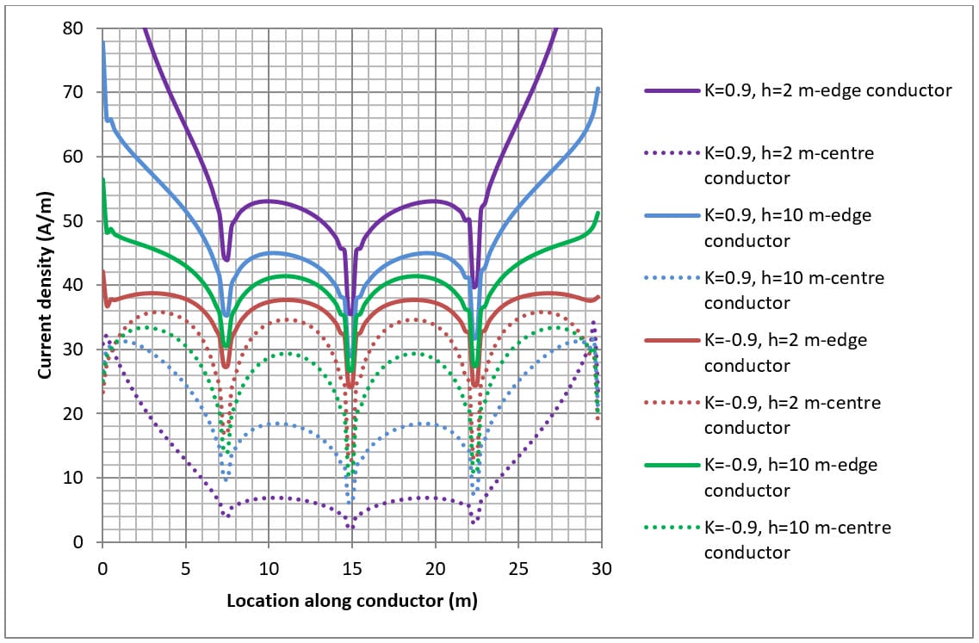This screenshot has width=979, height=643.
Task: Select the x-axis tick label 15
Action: click(351, 570)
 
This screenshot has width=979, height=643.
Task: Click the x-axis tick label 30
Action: click(601, 570)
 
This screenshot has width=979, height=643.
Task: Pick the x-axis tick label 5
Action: click(185, 570)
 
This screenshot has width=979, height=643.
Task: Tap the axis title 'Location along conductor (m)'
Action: click(351, 600)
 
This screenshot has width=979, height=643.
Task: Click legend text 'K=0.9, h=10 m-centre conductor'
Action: click(794, 290)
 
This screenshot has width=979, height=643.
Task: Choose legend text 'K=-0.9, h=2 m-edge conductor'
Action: click(785, 353)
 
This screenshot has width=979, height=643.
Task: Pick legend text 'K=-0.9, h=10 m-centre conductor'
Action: click(797, 540)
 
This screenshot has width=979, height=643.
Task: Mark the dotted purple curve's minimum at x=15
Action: click(350, 527)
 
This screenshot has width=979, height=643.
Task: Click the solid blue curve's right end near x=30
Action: click(598, 89)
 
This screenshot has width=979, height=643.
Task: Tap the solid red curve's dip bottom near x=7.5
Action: click(226, 367)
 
